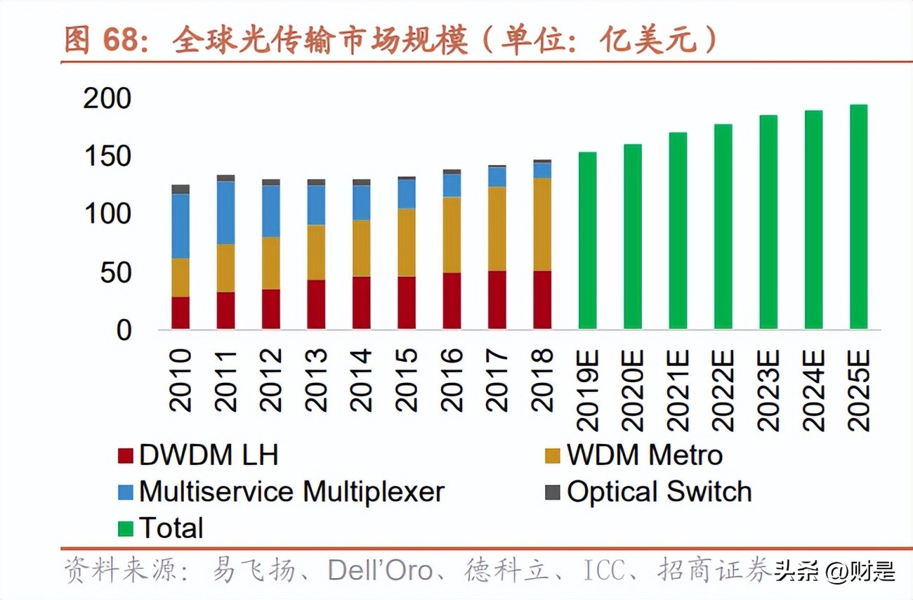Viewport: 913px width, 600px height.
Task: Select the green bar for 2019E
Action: coord(587,240)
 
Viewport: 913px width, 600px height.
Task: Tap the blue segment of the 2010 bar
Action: coord(180,226)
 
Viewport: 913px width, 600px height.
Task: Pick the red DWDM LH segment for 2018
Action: coord(542,300)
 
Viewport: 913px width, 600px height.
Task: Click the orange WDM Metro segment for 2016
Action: coord(452,235)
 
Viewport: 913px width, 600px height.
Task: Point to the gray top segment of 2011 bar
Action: coord(225,178)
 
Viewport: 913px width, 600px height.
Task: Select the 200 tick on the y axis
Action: coord(107,99)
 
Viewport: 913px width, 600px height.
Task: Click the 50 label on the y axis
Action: coord(115,273)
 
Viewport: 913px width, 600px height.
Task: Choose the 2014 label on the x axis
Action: coord(361,379)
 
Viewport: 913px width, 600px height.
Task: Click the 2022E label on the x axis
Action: coord(723,389)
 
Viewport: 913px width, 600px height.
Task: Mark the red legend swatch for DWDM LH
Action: coord(126,456)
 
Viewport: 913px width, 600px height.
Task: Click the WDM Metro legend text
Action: coord(645,455)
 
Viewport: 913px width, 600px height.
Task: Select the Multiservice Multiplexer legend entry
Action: coord(291,492)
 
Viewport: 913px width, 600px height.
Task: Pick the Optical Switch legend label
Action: coord(659,492)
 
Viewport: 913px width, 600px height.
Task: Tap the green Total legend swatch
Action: coord(126,528)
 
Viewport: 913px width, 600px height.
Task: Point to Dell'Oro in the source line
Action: coord(380,570)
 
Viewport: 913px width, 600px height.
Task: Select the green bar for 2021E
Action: coord(678,230)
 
